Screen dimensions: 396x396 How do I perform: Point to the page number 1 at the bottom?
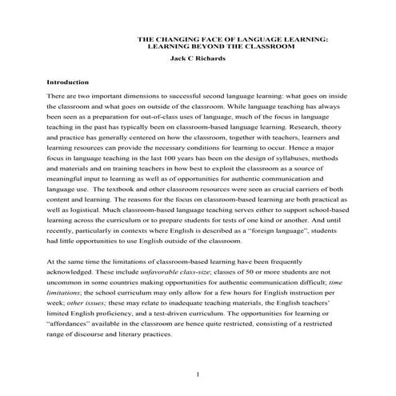tap(198, 374)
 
